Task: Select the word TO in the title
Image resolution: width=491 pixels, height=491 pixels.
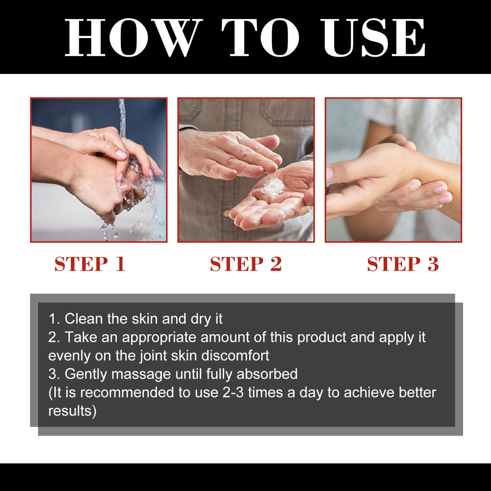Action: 260,38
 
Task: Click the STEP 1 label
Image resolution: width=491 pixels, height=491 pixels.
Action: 90,264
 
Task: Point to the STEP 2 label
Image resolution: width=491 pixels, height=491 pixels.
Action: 246,264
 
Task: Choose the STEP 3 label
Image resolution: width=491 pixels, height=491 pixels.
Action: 403,264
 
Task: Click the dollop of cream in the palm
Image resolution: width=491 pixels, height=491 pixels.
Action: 273,186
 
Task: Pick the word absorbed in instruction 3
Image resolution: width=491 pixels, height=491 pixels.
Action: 267,374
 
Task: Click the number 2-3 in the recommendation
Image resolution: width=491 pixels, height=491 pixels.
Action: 233,392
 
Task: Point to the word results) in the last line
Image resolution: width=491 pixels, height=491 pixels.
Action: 72,411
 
